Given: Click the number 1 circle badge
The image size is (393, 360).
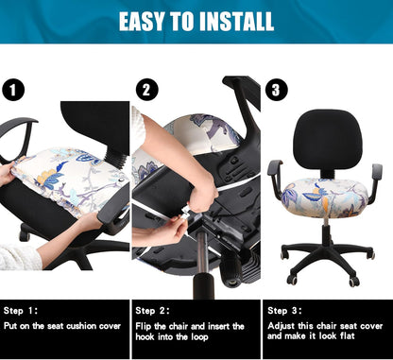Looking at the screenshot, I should point(12,90).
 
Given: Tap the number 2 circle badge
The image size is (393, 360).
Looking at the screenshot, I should point(146,90).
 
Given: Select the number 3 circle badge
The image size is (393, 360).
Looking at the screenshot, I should point(276,90).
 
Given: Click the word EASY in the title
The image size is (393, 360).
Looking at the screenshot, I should point(146,21).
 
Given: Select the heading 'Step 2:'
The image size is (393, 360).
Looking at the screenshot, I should point(153,310).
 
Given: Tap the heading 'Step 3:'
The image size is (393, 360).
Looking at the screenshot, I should point(284,310).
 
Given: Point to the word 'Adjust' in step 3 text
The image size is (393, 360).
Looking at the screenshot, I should point(282,326).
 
